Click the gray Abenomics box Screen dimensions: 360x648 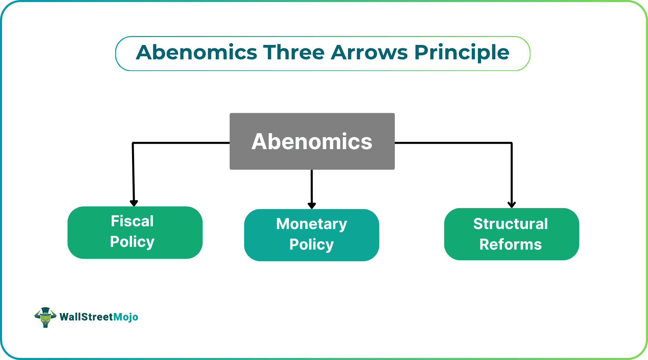tap(312, 141)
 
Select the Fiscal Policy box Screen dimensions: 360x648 tap(135, 232)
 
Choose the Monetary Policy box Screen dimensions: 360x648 tap(311, 235)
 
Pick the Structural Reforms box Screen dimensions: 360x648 tap(511, 234)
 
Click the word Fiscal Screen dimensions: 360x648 tap(132, 221)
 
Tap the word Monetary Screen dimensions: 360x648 tap(311, 224)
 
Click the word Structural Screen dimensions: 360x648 tap(511, 224)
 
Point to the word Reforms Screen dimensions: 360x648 tap(511, 244)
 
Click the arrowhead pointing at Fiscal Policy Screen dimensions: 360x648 tap(134, 203)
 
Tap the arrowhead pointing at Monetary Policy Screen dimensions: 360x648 tap(312, 205)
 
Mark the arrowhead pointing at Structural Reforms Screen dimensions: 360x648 tap(512, 205)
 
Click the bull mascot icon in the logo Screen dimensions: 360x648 tap(45, 317)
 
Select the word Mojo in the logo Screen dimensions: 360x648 tap(126, 317)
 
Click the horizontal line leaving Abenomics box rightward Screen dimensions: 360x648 tap(453, 143)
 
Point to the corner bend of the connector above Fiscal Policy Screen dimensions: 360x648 tap(133, 143)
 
